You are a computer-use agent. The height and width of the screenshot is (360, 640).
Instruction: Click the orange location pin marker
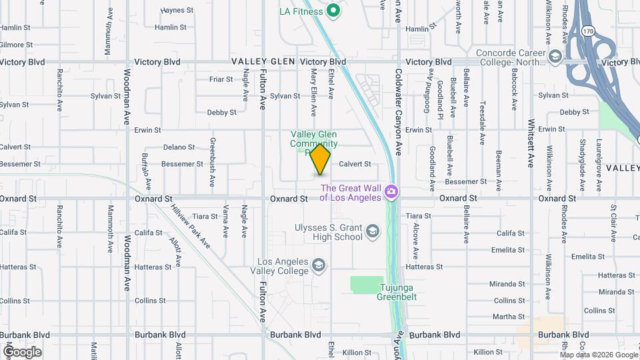pyautogui.click(x=321, y=159)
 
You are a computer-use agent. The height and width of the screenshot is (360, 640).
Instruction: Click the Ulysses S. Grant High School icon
pyautogui.click(x=373, y=231)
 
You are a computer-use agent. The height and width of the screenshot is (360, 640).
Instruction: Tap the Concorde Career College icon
pyautogui.click(x=555, y=57)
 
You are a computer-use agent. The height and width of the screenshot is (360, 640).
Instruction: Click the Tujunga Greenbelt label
pyautogui.click(x=399, y=293)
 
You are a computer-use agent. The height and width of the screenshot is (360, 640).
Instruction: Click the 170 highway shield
pyautogui.click(x=587, y=31)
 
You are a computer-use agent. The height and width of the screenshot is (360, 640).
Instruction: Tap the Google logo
pyautogui.click(x=21, y=351)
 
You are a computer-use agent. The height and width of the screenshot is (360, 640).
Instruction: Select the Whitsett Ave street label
pyautogui.click(x=531, y=143)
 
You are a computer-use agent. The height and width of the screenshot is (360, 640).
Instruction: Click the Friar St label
pyautogui.click(x=221, y=79)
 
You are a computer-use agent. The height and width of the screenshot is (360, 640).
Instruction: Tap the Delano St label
pyautogui.click(x=179, y=147)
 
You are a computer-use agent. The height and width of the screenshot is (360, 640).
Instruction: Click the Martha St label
pyautogui.click(x=509, y=317)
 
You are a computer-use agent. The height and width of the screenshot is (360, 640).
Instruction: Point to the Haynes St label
pyautogui.click(x=177, y=11)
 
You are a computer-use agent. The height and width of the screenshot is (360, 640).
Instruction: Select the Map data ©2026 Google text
pyautogui.click(x=598, y=355)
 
